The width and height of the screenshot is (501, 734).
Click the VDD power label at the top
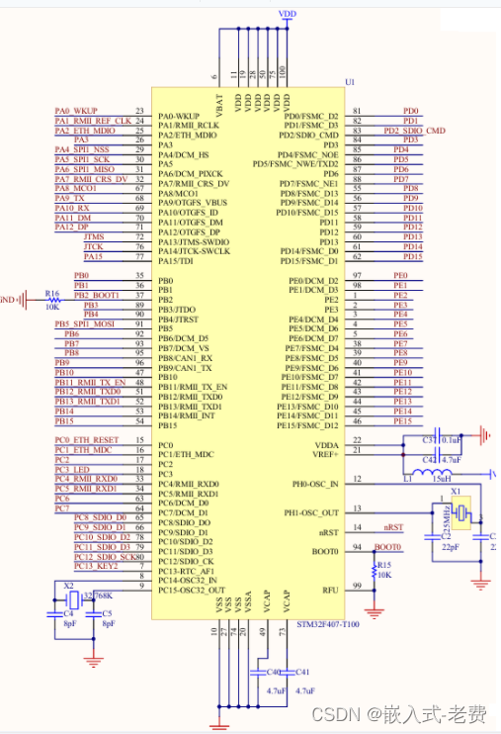point(288,15)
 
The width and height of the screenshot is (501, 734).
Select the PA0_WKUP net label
point(76,111)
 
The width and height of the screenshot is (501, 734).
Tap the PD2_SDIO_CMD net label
point(414,131)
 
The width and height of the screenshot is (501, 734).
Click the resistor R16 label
point(52,293)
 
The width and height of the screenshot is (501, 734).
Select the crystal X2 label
point(68,586)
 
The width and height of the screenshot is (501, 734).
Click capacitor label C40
point(276,672)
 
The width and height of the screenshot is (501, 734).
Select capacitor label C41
point(302,672)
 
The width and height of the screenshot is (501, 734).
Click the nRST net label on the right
point(392,527)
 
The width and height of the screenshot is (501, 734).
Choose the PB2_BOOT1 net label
point(96,295)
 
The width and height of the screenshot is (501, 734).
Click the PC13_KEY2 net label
point(95,566)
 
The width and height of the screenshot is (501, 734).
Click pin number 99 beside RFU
point(357,586)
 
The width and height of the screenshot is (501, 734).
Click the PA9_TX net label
point(69,198)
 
